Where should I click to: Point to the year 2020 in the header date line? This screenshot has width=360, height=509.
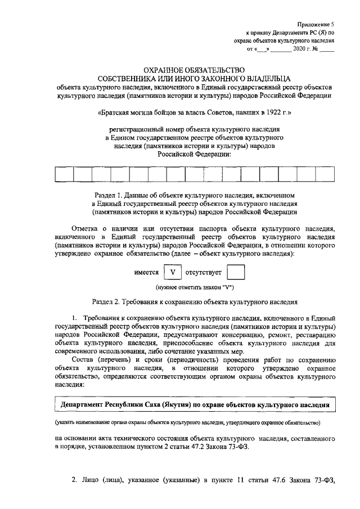coord(300,49)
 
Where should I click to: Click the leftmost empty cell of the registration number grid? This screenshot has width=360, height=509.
coord(64,174)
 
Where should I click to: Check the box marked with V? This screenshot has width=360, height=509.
coord(173,273)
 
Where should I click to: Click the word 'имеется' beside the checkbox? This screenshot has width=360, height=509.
coord(146,273)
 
